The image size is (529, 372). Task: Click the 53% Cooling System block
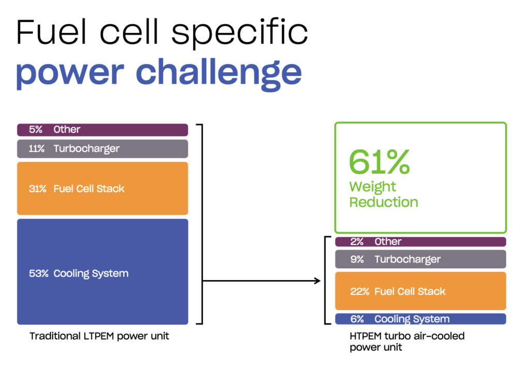tap(103, 272)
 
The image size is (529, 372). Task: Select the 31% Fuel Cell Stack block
tap(103, 189)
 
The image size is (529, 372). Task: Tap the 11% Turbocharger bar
tap(103, 149)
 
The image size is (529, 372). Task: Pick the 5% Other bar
tap(103, 130)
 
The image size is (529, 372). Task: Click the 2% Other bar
tap(421, 242)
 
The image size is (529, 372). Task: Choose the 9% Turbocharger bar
tap(421, 259)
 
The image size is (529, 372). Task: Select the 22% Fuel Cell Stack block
tap(421, 291)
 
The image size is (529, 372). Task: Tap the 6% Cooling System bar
tap(421, 319)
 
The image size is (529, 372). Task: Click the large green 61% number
tap(379, 162)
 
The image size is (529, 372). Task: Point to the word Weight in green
tap(372, 187)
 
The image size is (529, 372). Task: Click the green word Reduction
tap(384, 202)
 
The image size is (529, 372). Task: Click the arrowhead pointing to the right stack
tap(317, 281)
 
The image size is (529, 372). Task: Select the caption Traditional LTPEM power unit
tap(99, 336)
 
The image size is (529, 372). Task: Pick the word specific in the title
tap(240, 33)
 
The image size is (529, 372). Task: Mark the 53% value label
tap(39, 273)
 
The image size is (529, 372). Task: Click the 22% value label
tap(360, 292)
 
